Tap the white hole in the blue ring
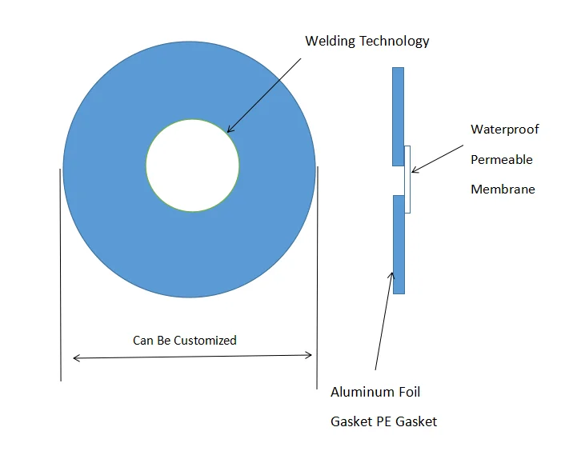(192, 166)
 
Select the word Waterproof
(504, 130)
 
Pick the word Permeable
(501, 159)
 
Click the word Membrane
(503, 189)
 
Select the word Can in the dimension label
(142, 341)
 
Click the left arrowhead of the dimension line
(76, 357)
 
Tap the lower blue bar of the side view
(398, 244)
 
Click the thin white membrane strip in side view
(408, 179)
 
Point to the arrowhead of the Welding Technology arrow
(229, 130)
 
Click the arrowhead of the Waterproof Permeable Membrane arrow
(414, 170)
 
